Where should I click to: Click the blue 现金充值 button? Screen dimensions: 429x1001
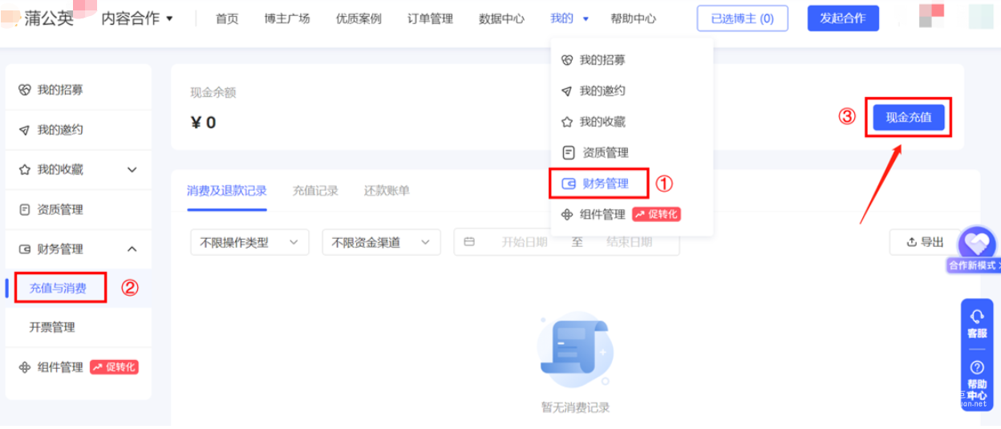tap(908, 117)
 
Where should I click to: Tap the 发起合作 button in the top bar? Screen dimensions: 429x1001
tap(842, 18)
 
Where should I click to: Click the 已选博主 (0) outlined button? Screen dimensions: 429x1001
tap(742, 18)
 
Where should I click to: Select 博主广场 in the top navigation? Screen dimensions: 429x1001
tap(286, 18)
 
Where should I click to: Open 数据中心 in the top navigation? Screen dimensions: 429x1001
tap(501, 18)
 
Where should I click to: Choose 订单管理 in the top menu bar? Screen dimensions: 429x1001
tap(430, 18)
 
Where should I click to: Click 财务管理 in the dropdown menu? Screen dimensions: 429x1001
tap(605, 184)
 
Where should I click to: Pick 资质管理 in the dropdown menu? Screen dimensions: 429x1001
tap(605, 152)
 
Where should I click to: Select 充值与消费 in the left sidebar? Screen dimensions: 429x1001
tap(58, 288)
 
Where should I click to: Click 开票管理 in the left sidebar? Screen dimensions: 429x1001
tap(52, 327)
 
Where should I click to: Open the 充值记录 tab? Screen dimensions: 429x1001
tap(315, 191)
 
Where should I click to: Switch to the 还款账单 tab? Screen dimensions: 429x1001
tap(387, 191)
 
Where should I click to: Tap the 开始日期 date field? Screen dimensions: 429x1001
tap(525, 242)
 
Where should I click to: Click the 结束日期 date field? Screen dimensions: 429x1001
tap(629, 242)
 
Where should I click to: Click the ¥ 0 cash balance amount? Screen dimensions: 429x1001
tap(203, 123)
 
